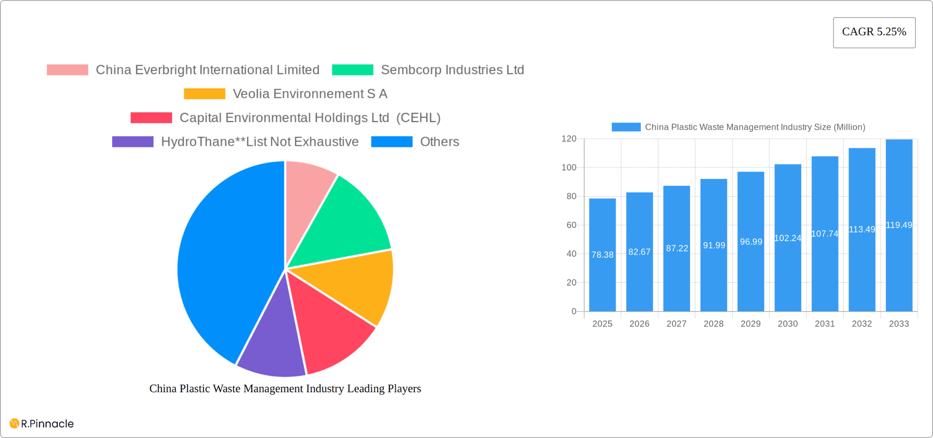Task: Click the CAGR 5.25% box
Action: click(x=874, y=32)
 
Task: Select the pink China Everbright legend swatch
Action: click(x=68, y=70)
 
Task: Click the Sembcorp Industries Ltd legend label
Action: click(x=452, y=70)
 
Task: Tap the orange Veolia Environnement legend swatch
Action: click(x=205, y=93)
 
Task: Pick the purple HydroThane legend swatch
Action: click(x=133, y=141)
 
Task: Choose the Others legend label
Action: click(x=439, y=141)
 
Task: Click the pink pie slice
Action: click(x=306, y=194)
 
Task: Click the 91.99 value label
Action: click(x=714, y=245)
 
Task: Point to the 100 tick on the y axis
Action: click(x=569, y=167)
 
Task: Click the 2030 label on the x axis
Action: click(x=787, y=324)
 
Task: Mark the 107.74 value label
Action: click(x=825, y=234)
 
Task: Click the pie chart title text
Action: click(x=285, y=388)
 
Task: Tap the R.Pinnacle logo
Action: click(x=42, y=423)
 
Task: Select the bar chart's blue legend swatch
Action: click(x=626, y=127)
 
